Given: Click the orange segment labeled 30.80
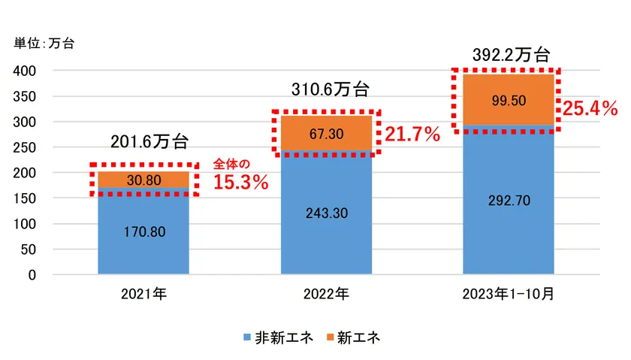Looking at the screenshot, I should [143, 180].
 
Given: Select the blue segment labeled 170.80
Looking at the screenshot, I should [143, 231].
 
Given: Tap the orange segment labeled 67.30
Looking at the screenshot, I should [327, 133].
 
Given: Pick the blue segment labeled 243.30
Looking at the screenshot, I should [327, 213].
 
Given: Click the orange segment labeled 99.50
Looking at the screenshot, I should [509, 99].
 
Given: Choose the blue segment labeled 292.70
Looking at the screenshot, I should [509, 200].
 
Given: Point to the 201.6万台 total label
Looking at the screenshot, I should [149, 142].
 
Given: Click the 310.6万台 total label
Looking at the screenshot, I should [331, 89].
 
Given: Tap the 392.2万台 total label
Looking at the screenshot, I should [512, 55].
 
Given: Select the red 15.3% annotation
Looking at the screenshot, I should [241, 182].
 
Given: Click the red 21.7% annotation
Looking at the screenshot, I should [412, 135].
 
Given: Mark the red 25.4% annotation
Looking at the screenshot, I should [590, 109].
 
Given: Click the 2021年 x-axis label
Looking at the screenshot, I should [143, 295].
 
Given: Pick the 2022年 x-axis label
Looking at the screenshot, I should [326, 295].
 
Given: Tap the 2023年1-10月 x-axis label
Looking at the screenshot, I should [509, 295].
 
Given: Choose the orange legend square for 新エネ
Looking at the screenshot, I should [330, 338].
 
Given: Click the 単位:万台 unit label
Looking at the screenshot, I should [44, 43].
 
